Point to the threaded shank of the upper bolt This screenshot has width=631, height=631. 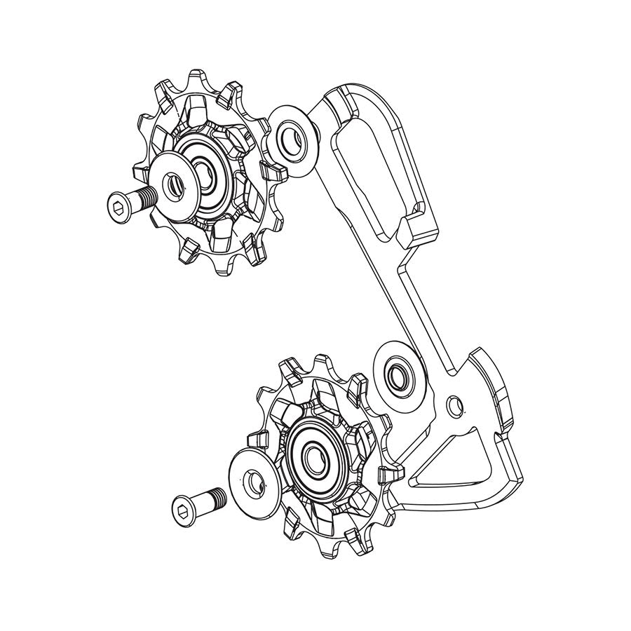tap(144, 198)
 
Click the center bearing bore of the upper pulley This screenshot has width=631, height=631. tap(205, 171)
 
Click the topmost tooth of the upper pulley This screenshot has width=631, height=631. tap(198, 79)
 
